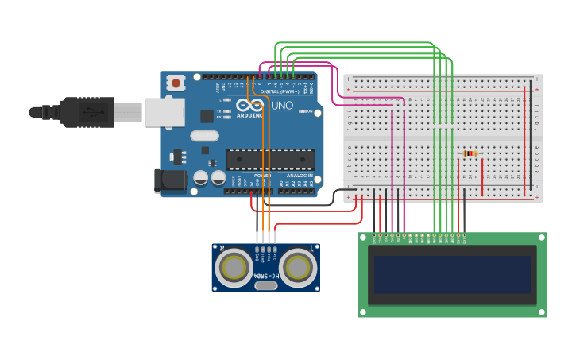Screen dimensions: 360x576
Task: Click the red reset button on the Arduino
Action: click(176, 82)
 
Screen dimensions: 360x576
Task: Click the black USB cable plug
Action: click(87, 112)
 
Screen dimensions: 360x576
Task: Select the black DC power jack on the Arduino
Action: click(171, 180)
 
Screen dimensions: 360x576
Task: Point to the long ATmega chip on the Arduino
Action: click(270, 159)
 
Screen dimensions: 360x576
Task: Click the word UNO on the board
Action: click(282, 105)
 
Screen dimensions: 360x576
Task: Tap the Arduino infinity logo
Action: click(249, 105)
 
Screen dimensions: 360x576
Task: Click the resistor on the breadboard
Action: click(470, 153)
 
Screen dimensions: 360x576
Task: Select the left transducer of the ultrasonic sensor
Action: click(235, 267)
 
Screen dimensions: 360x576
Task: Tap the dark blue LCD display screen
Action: click(452, 274)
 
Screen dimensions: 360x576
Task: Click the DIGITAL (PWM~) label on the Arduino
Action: click(278, 91)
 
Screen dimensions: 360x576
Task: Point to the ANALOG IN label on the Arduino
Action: click(300, 175)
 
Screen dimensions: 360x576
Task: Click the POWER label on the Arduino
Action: click(262, 175)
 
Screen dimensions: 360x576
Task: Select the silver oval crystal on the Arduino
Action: click(204, 136)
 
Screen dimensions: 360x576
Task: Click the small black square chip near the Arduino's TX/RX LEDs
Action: click(207, 116)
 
